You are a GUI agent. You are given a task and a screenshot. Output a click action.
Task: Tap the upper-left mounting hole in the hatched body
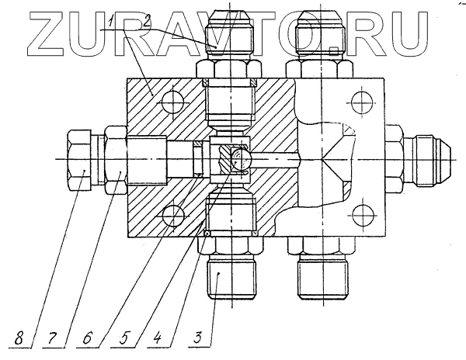point(172,106)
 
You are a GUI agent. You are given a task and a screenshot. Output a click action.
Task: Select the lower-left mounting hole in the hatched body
point(172,214)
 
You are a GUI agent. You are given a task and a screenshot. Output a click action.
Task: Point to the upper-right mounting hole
point(358,101)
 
